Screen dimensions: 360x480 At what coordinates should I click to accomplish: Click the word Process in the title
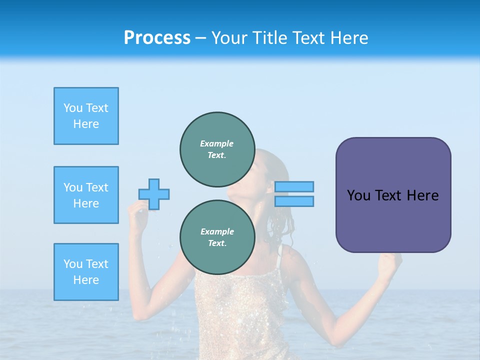[x=157, y=38]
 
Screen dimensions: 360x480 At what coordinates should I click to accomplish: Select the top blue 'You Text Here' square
[x=86, y=116]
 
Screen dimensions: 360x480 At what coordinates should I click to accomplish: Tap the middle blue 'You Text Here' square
[x=86, y=195]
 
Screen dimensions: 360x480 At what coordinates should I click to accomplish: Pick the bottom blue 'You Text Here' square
[x=86, y=272]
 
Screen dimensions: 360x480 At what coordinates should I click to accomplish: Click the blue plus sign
[x=154, y=194]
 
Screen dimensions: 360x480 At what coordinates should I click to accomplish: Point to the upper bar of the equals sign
[x=294, y=186]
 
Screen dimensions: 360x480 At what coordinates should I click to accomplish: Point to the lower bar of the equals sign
[x=294, y=201]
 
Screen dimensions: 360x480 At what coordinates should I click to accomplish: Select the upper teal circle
[x=217, y=149]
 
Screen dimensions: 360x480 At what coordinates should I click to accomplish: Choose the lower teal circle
[x=217, y=237]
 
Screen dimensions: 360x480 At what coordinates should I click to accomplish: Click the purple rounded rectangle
[x=393, y=220]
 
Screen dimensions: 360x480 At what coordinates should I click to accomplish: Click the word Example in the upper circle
[x=216, y=143]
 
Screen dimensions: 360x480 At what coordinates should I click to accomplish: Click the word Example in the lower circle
[x=216, y=231]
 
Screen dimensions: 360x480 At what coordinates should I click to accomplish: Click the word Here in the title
[x=349, y=38]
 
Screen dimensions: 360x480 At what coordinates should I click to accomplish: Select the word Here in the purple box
[x=422, y=195]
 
